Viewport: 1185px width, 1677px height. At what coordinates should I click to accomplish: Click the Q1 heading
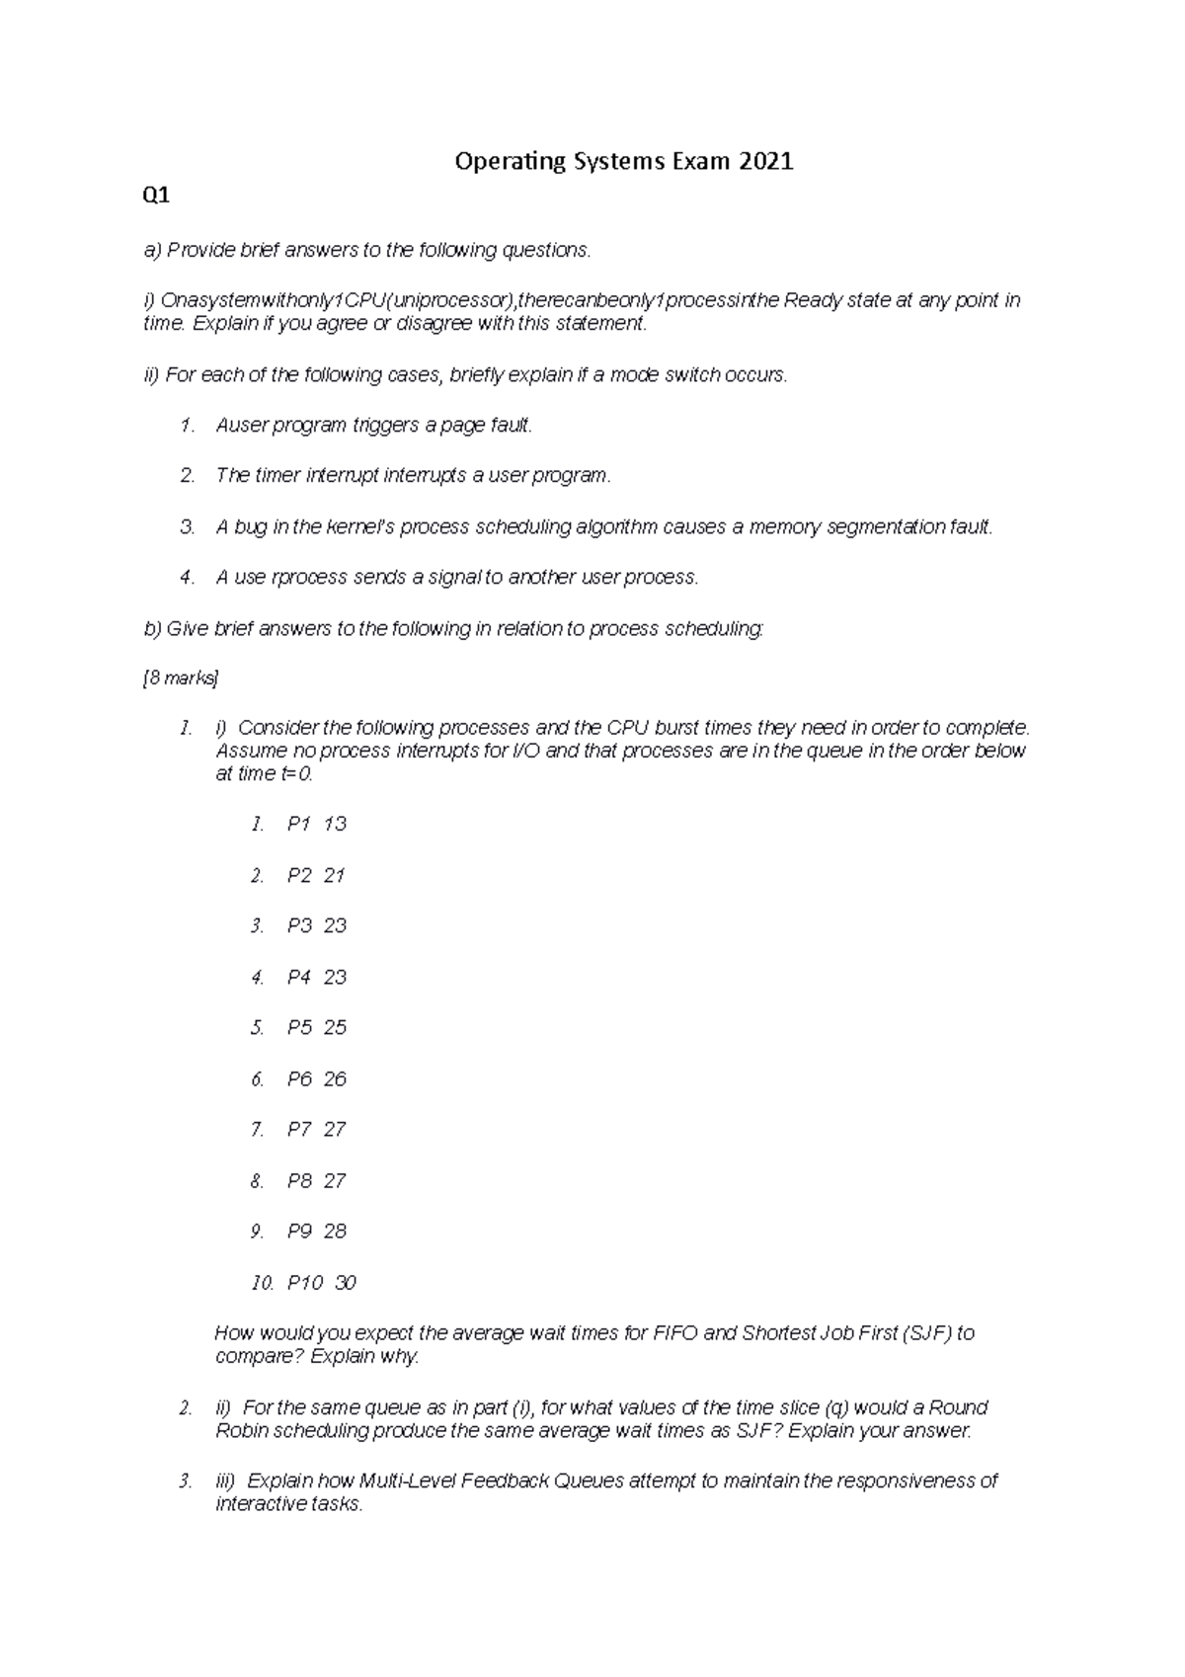click(156, 196)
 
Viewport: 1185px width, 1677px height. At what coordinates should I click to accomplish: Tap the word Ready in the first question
click(813, 300)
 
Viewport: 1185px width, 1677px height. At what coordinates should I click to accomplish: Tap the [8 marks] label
click(181, 679)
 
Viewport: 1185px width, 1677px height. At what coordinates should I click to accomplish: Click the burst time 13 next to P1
click(335, 825)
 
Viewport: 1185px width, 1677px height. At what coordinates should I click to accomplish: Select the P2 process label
click(299, 876)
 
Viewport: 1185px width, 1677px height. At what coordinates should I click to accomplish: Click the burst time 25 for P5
click(335, 1028)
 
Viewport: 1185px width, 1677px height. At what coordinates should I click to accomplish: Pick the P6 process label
click(299, 1079)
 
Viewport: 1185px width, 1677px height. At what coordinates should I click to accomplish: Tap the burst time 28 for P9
click(335, 1232)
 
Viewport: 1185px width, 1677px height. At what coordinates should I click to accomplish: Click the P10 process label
click(304, 1283)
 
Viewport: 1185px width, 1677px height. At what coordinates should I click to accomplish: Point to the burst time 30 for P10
click(345, 1283)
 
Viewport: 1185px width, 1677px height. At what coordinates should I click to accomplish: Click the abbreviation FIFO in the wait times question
click(674, 1333)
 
